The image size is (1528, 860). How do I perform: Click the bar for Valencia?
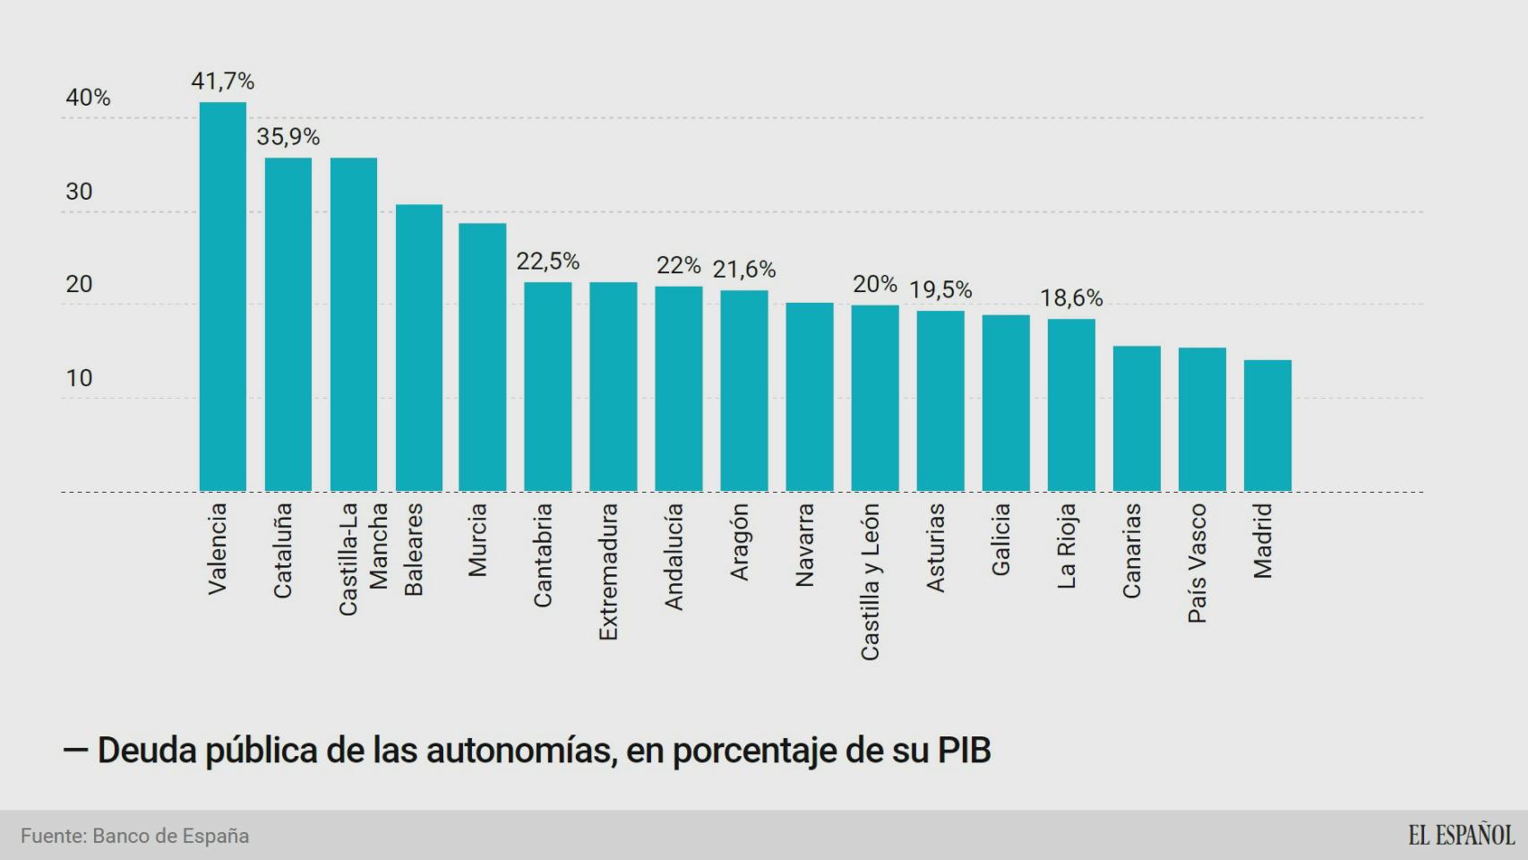(x=222, y=297)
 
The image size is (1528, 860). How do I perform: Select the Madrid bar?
(x=1267, y=426)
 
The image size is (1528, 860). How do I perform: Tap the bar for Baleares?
(x=419, y=348)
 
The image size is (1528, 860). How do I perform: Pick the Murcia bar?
(x=482, y=357)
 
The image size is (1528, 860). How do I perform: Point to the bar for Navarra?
(x=809, y=397)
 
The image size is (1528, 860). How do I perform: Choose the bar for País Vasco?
(x=1202, y=419)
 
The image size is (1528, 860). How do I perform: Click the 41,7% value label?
(x=222, y=82)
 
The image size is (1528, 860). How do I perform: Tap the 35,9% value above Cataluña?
(x=288, y=137)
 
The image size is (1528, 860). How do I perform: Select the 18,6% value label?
(x=1071, y=298)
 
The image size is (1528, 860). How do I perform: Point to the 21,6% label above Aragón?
(x=743, y=270)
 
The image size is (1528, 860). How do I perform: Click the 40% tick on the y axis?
(x=88, y=98)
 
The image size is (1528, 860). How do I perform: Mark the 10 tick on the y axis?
(x=79, y=378)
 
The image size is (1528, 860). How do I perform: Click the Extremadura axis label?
(x=609, y=572)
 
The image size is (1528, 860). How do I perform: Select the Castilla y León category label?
(x=870, y=581)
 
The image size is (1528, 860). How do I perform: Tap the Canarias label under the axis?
(x=1132, y=550)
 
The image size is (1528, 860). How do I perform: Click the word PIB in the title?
(x=964, y=751)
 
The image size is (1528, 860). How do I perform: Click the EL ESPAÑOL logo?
(x=1461, y=835)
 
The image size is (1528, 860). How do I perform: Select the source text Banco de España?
(x=170, y=836)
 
